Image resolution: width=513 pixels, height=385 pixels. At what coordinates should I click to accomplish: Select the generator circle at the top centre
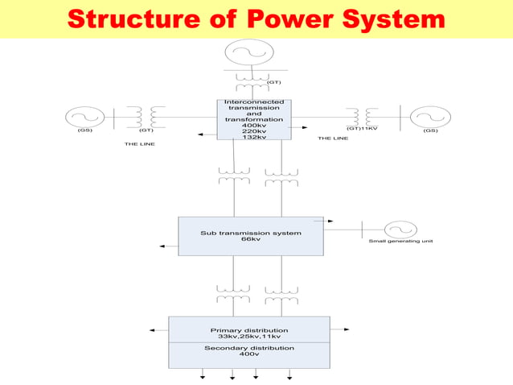point(242,54)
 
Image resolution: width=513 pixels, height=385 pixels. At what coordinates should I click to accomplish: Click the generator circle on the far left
point(84,117)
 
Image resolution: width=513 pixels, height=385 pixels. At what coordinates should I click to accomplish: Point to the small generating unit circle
point(400,229)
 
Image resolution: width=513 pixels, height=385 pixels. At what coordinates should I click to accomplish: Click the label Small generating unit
point(400,242)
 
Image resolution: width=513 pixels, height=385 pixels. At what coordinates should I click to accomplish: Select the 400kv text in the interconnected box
point(254,125)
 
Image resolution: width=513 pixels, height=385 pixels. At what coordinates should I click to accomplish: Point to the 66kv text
point(251,239)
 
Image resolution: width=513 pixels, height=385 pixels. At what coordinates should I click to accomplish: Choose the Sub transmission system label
point(251,233)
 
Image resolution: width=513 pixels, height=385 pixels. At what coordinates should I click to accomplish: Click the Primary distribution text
point(249,330)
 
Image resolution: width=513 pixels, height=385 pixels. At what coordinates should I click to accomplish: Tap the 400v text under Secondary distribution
point(249,354)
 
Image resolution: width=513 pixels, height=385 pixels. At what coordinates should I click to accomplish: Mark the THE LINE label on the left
point(139,143)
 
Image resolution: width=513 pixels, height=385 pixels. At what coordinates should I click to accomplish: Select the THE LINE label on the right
point(333,138)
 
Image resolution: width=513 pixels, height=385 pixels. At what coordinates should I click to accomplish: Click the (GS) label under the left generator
point(84,130)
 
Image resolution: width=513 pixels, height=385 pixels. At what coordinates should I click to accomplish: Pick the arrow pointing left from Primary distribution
point(154,329)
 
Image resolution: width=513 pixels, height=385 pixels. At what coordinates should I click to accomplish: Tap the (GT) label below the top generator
point(273,82)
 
